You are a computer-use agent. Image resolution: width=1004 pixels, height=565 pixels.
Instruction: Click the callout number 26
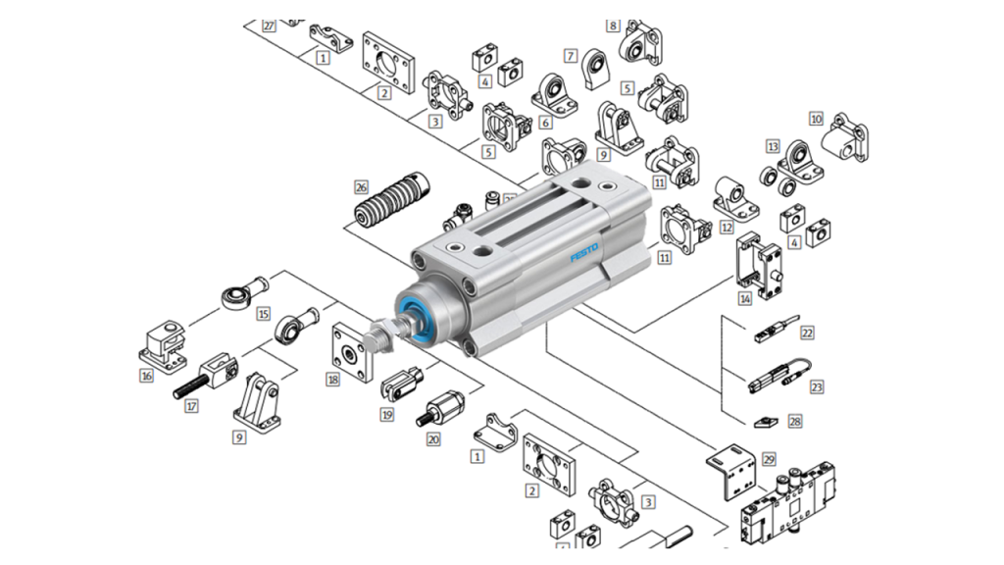(361, 186)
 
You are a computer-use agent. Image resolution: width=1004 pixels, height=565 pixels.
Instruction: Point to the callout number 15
(263, 314)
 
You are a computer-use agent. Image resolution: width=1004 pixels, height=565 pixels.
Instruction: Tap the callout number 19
(387, 415)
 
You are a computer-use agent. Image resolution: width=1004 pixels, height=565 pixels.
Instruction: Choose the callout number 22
(807, 333)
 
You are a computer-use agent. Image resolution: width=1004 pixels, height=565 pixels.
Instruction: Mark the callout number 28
(795, 422)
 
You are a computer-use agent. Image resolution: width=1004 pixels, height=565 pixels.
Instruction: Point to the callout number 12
(727, 227)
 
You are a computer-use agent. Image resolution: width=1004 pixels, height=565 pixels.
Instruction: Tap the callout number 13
(773, 148)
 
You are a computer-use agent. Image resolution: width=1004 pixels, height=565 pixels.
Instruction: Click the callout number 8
(614, 25)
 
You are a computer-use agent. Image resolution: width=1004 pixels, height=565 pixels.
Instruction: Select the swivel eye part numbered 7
(596, 68)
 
